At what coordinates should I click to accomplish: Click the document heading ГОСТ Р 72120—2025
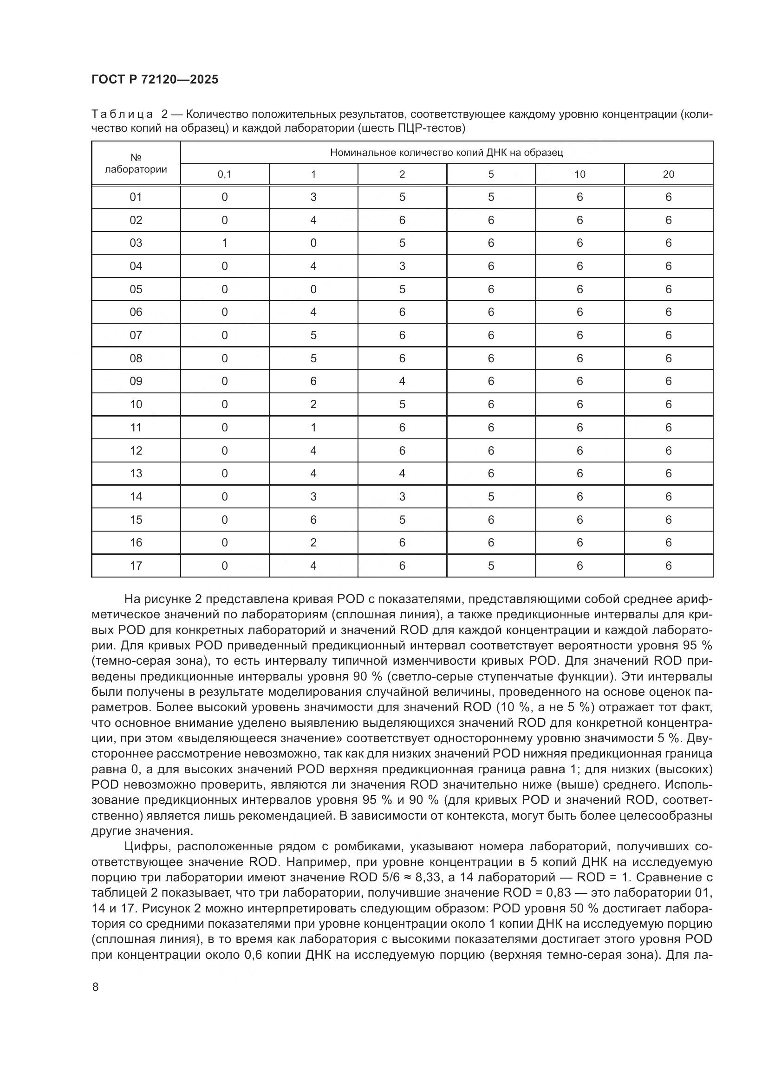point(155,79)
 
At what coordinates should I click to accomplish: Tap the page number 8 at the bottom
point(96,987)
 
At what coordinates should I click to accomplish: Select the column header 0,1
point(225,174)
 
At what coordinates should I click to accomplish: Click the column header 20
point(668,174)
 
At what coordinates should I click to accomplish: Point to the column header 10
point(580,174)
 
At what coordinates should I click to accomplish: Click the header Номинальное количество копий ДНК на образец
point(446,153)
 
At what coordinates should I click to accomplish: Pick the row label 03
point(136,243)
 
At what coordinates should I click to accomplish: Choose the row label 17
point(136,565)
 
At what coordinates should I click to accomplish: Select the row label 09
point(136,381)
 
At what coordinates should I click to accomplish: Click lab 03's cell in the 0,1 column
point(225,243)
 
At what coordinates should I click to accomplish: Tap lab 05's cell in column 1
point(313,289)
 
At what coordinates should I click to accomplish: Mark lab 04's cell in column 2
point(402,266)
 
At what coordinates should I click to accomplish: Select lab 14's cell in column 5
point(491,497)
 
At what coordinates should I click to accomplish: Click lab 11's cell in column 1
point(313,428)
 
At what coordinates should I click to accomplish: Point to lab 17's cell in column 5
point(491,565)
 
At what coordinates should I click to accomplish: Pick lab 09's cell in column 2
point(402,381)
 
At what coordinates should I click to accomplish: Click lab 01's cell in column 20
point(668,197)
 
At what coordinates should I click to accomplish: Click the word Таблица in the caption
point(122,115)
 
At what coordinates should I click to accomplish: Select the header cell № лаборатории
point(136,163)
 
